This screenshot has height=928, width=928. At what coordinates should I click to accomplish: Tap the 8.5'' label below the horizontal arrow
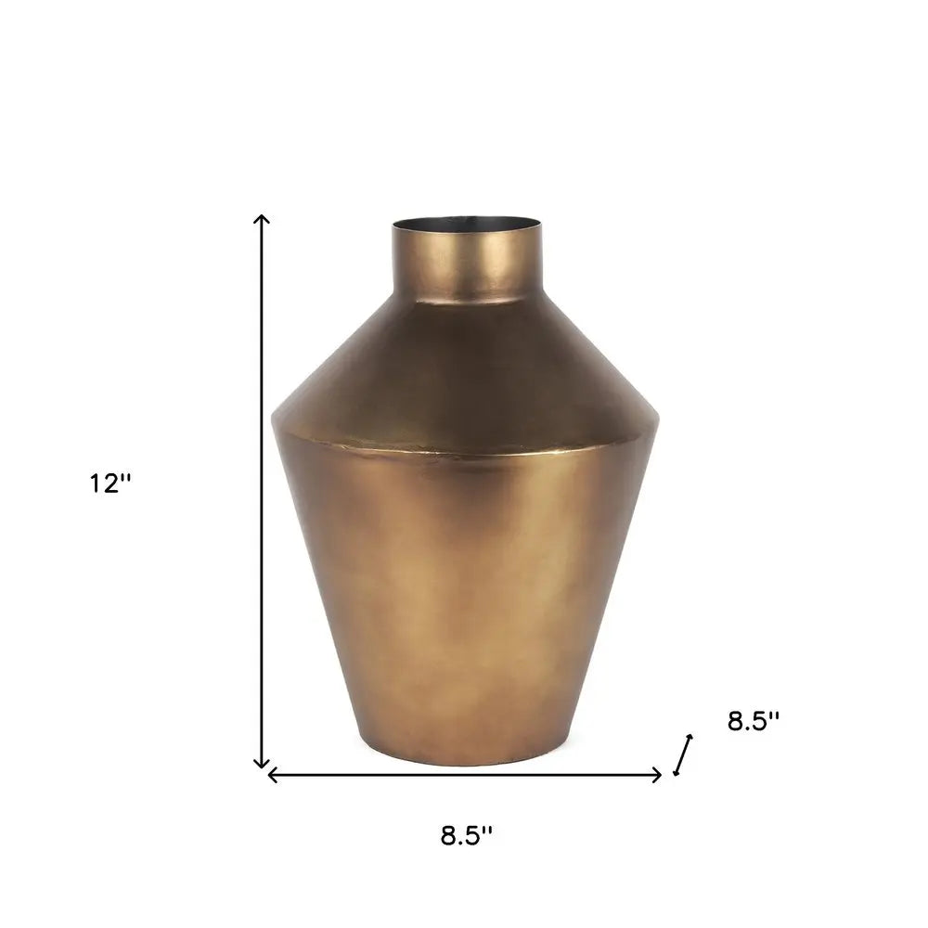(x=466, y=835)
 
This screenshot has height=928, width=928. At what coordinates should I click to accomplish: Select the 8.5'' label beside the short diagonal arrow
(x=754, y=721)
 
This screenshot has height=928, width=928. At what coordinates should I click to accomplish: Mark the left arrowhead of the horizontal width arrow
(x=271, y=775)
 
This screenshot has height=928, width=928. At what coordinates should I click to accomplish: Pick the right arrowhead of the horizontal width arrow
(x=659, y=775)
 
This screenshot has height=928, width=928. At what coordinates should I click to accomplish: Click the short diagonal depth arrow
(x=684, y=754)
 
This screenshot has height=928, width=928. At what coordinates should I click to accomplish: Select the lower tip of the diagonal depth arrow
(x=677, y=773)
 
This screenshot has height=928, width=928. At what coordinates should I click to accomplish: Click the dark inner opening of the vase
(x=465, y=225)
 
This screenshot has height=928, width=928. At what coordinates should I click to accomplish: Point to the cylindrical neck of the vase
(x=465, y=264)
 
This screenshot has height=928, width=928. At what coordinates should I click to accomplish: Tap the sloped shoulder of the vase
(x=465, y=371)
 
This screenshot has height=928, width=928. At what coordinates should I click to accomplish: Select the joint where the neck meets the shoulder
(x=465, y=301)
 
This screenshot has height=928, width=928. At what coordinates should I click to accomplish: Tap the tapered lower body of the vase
(x=465, y=603)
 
